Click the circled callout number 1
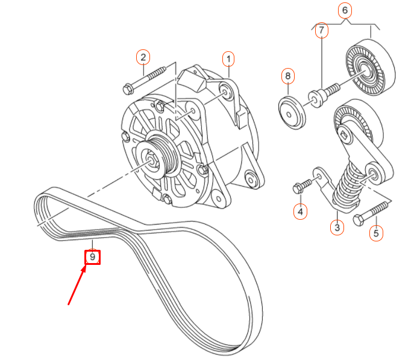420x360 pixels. coord(228,58)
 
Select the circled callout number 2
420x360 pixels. coord(143,58)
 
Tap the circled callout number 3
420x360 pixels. coord(336,227)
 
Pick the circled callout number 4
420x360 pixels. coord(300,211)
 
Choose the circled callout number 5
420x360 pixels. coord(376,232)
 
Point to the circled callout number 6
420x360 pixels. coord(345,10)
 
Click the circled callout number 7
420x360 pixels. coord(321,30)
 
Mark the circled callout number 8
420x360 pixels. coord(288,76)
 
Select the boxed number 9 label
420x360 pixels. coord(92,257)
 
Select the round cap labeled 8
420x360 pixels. coord(292,112)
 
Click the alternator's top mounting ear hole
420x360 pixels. coord(226,92)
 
